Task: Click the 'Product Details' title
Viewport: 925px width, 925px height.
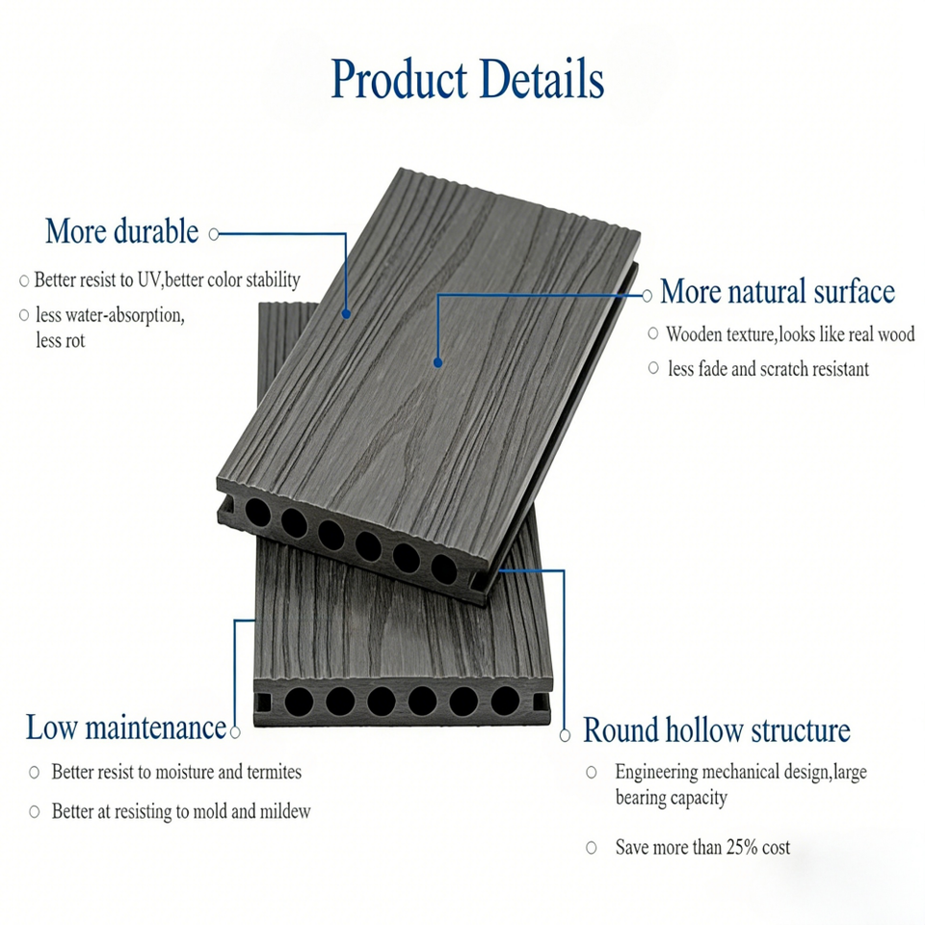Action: (x=467, y=79)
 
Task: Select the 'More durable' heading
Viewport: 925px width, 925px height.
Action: (x=121, y=232)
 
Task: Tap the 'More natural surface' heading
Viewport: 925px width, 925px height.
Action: (x=777, y=291)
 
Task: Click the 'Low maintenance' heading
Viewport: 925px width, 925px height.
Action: (x=125, y=727)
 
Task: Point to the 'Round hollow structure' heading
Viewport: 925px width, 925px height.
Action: (x=716, y=730)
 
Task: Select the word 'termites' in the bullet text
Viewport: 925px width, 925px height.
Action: (x=268, y=772)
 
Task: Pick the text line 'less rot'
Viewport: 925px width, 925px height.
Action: (x=61, y=340)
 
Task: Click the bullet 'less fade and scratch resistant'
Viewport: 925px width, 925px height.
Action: (x=768, y=368)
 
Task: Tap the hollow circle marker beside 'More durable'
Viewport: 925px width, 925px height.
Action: (x=214, y=233)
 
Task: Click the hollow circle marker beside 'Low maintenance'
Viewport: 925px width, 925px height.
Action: (x=234, y=731)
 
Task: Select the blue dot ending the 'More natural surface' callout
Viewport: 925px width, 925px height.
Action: (x=437, y=363)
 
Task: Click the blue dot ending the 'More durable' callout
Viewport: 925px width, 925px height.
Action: (x=346, y=313)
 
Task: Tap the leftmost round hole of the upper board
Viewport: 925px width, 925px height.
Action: (x=257, y=510)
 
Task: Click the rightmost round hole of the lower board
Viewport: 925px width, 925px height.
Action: (x=504, y=700)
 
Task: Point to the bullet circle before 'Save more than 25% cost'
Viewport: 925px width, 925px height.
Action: (x=591, y=848)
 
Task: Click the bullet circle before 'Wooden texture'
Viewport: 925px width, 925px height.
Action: (x=653, y=334)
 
